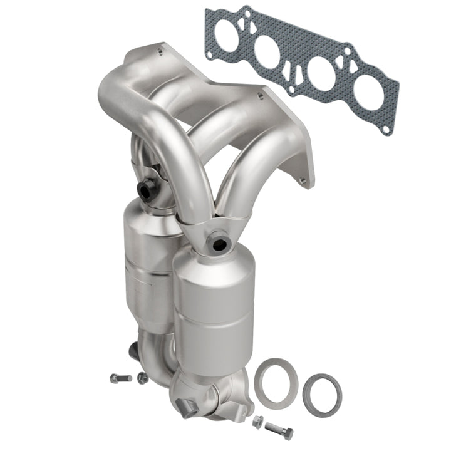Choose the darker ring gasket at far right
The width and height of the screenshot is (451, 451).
(322, 393)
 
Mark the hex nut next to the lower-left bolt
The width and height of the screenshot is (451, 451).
(142, 377)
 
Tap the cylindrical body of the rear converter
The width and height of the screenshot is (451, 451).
(147, 263)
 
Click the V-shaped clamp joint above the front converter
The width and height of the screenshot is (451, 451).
(207, 225)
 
